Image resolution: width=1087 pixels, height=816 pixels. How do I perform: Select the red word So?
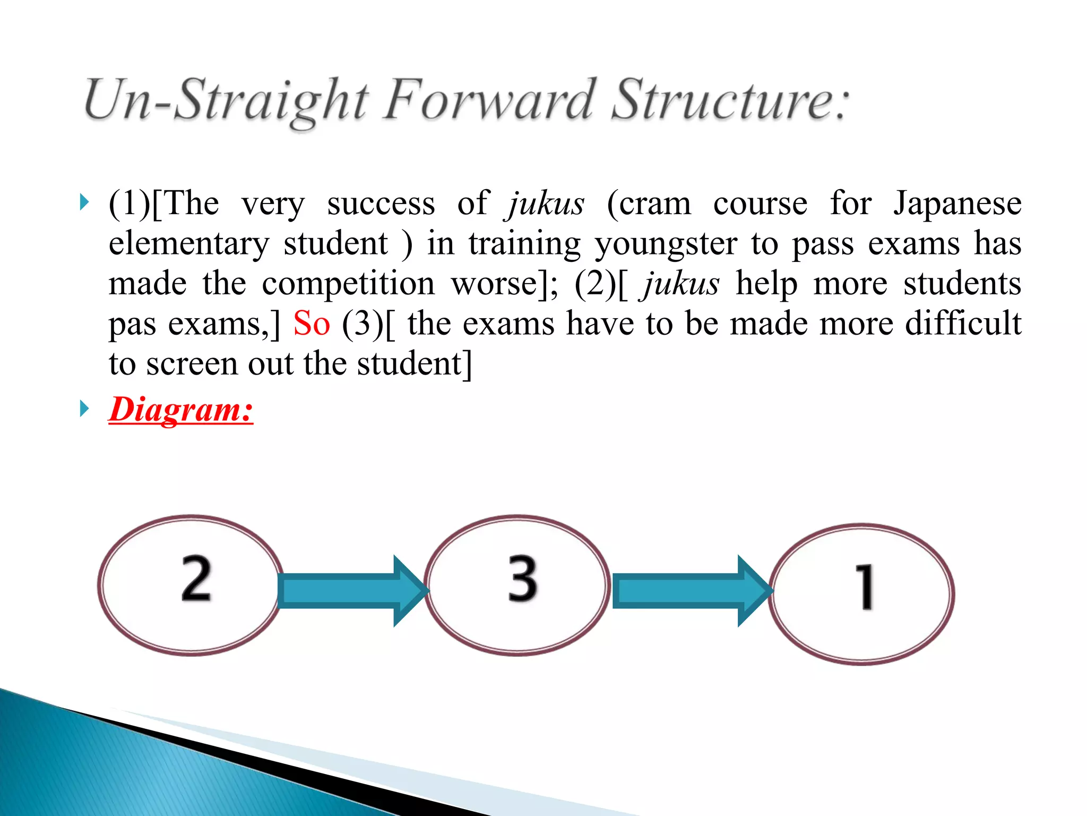(x=312, y=323)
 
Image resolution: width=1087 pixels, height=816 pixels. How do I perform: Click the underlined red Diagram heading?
(x=181, y=410)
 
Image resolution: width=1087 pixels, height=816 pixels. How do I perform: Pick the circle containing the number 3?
(x=517, y=585)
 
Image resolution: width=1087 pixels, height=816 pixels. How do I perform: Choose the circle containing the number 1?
(x=862, y=594)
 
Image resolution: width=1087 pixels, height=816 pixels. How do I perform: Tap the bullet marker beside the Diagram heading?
(x=84, y=409)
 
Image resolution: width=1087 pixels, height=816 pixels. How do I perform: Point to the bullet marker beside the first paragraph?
(x=84, y=202)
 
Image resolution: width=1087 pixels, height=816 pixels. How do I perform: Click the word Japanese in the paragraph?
(x=957, y=203)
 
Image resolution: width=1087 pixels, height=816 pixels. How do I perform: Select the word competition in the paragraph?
(x=348, y=284)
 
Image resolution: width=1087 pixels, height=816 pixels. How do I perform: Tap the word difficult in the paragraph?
(x=963, y=323)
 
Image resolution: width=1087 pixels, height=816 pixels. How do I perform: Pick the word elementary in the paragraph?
(x=189, y=243)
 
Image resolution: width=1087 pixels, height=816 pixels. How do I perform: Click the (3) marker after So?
(x=363, y=323)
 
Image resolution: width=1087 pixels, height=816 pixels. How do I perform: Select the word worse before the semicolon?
(x=494, y=284)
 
